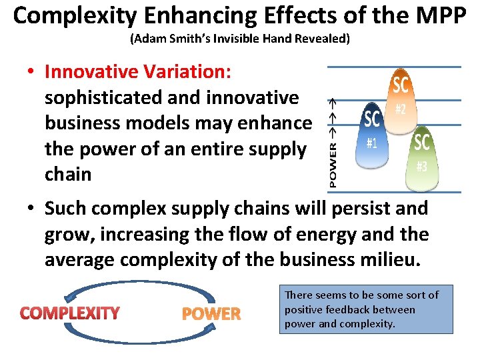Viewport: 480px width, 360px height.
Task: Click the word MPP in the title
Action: [436, 16]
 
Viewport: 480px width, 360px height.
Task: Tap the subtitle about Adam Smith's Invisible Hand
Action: [239, 39]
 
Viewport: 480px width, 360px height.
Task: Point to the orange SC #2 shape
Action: [400, 100]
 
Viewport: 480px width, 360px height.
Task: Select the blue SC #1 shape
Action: [372, 133]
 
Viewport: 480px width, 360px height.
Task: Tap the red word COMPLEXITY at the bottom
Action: [70, 313]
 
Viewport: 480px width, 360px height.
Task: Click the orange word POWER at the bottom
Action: [211, 314]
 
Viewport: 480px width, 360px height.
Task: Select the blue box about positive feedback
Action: [365, 309]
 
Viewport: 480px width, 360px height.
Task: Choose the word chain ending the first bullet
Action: [67, 174]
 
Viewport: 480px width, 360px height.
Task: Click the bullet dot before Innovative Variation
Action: [31, 72]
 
